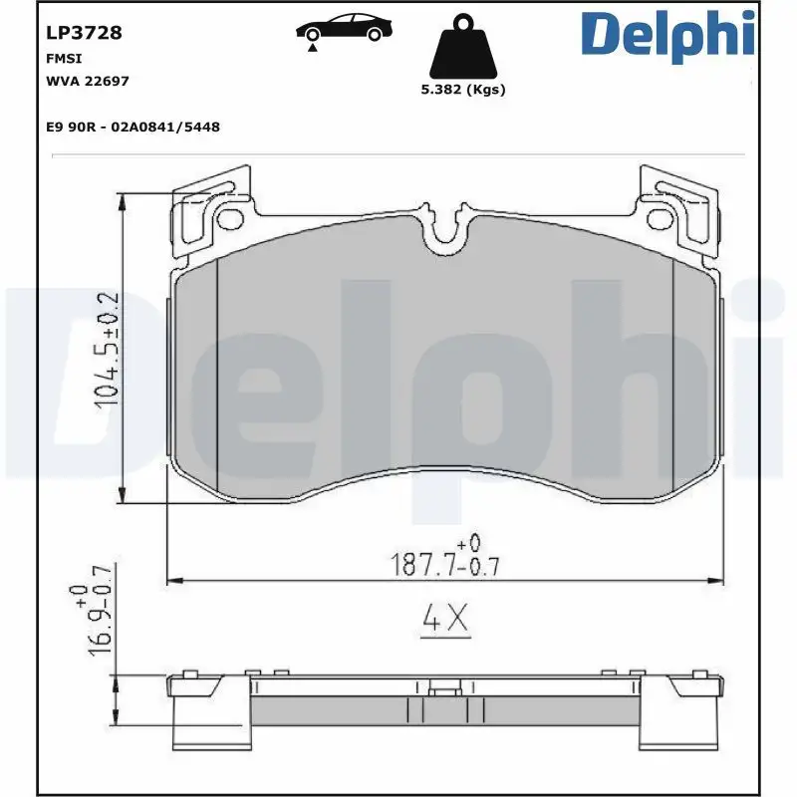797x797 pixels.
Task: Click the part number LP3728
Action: pos(84,33)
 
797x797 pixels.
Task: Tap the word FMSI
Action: pos(63,60)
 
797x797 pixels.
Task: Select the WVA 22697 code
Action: pos(88,81)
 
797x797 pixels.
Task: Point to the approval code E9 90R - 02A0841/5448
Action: pos(133,127)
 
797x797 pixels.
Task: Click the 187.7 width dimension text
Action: pos(444,566)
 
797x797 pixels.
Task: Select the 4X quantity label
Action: pos(444,620)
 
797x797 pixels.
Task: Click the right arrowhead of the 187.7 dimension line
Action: pos(718,579)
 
